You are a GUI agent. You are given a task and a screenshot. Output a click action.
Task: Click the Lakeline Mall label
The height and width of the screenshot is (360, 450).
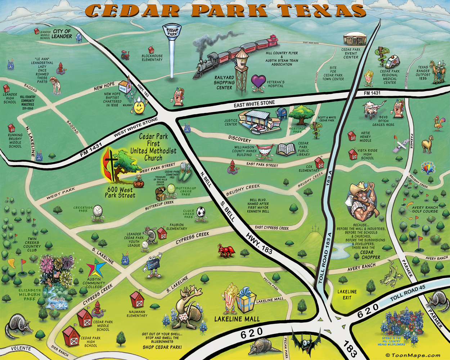click(x=237, y=319)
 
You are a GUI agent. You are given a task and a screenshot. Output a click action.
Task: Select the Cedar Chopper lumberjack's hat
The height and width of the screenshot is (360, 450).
click(x=360, y=188)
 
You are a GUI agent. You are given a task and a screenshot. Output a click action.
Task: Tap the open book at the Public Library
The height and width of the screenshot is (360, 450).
click(x=286, y=150)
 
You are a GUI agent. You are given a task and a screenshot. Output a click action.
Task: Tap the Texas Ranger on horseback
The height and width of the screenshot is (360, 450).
click(x=437, y=72)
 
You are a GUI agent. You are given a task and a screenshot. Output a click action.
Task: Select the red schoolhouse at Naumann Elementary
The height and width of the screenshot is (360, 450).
click(x=137, y=300)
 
